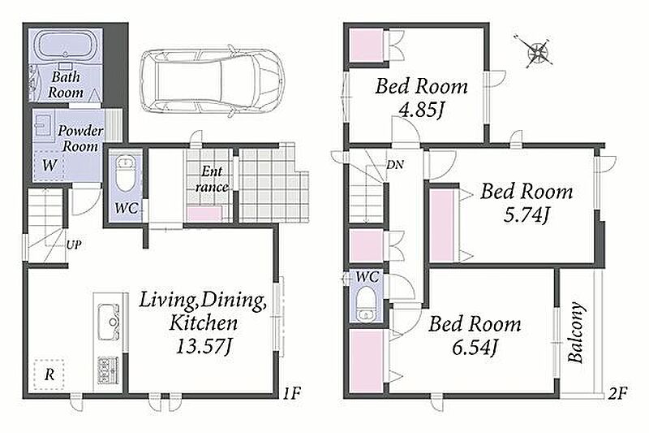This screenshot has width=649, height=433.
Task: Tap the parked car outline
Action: pos(212,80)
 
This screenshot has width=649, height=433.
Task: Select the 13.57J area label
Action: pos(204,347)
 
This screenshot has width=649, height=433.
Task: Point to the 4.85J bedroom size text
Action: pos(420,110)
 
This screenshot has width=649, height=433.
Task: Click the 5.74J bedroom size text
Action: pos(527,215)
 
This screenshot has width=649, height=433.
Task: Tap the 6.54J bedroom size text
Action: pos(475,347)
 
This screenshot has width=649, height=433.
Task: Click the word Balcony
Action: pos(576,333)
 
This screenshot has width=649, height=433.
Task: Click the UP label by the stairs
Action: pos(73,245)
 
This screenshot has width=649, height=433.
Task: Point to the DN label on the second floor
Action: pos(395,164)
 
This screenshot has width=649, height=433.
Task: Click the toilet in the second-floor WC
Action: pos(366,305)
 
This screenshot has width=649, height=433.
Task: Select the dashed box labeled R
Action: pos(49,375)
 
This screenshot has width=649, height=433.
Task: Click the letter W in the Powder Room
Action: pos(49,166)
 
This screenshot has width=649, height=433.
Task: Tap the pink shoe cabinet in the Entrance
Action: pos(204,214)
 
